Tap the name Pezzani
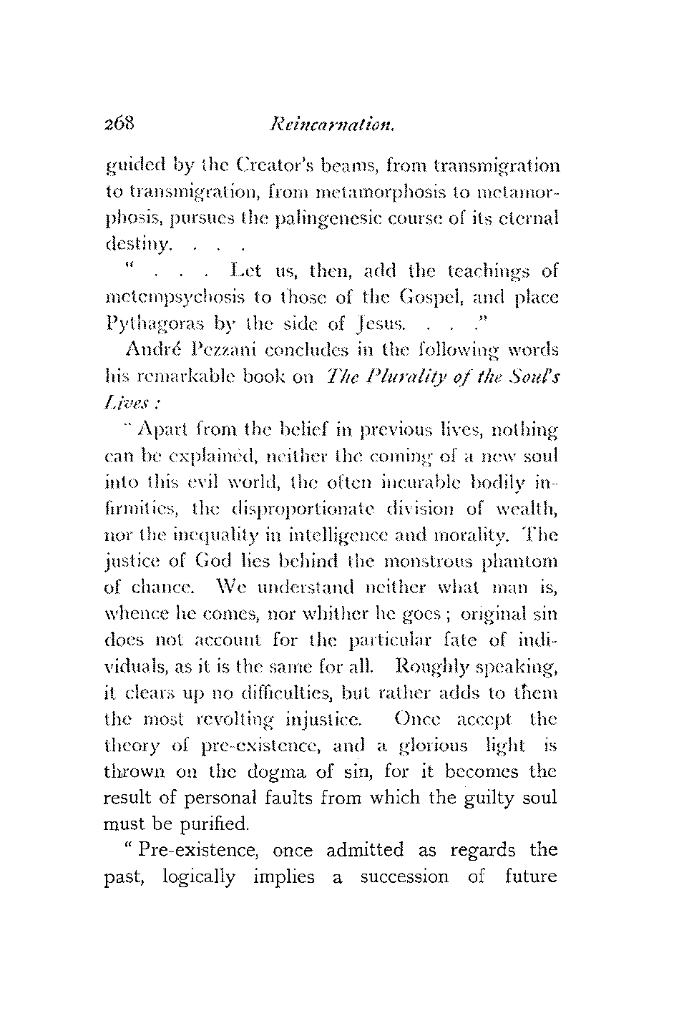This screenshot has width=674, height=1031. tap(219, 351)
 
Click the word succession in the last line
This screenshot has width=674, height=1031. tap(405, 877)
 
